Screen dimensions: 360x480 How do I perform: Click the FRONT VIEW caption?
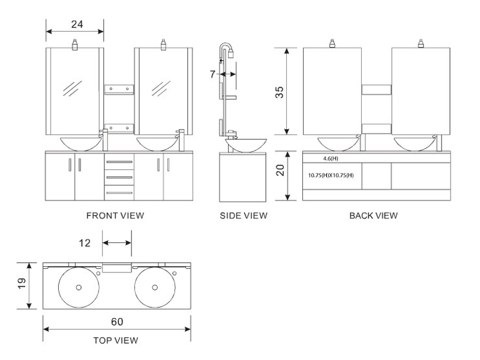115,215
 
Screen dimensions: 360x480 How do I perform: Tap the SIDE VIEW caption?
243,215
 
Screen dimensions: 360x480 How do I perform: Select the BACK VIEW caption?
373,215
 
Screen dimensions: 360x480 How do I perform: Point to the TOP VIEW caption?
116,340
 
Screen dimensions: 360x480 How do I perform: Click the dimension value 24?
77,25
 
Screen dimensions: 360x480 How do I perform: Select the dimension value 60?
117,322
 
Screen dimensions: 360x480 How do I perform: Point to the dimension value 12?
85,242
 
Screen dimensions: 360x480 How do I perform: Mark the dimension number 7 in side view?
212,74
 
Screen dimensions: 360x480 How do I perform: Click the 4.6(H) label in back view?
331,158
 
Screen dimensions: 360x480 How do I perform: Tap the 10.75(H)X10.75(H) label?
331,175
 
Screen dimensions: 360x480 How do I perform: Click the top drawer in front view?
119,160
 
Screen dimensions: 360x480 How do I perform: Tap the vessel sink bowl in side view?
243,145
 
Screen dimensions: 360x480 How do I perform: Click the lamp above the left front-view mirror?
76,44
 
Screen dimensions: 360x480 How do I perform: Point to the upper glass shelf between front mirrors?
119,89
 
